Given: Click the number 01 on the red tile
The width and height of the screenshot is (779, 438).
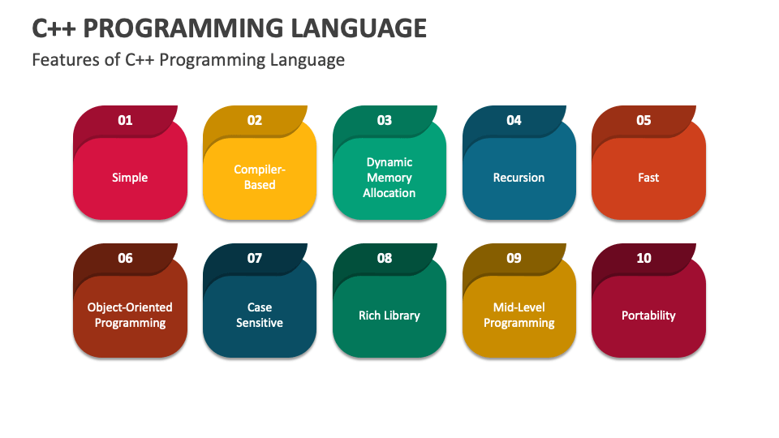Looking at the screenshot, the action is point(125,120).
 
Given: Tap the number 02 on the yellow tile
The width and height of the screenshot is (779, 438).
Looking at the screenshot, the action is point(255,120).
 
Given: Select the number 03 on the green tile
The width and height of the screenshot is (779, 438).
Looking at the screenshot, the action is point(385,120).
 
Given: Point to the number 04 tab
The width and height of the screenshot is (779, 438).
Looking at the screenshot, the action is point(514,120).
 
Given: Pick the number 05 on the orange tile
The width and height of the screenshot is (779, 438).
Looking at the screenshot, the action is point(643,120).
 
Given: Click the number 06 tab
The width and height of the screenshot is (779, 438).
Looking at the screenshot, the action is point(125,258).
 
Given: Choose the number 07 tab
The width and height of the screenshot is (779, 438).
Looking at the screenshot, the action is point(255,258).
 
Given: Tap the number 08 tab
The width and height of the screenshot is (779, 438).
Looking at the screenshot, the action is point(385,258).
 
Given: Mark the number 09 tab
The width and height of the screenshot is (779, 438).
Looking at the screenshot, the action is point(514,258).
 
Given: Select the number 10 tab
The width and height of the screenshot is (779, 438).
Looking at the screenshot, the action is point(643,258).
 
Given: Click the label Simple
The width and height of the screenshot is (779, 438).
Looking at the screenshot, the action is point(130,178).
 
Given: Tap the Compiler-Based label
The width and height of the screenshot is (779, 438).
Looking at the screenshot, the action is point(260,178).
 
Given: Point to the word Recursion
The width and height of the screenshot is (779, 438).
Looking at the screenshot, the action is point(519,178).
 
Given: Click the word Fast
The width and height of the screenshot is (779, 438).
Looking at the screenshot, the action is point(648,178).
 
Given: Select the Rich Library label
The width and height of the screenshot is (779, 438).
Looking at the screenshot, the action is point(389,316).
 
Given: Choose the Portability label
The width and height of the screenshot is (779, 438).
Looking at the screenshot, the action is point(648,316).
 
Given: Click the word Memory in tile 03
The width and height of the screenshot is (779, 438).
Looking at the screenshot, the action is point(389,178).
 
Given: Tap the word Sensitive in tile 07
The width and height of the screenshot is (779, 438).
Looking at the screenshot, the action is point(260,323).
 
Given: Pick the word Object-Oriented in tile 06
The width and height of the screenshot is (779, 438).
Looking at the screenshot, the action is point(130,307).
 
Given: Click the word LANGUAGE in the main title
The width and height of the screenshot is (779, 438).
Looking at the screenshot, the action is point(358,28).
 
